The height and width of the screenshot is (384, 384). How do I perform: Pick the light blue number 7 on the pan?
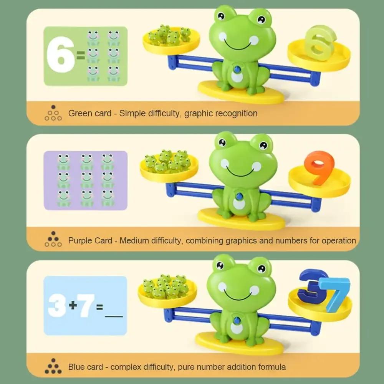pos(336,294)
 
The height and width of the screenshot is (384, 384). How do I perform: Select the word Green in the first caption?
pos(79,113)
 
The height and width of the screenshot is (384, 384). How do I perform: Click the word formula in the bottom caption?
pos(271,367)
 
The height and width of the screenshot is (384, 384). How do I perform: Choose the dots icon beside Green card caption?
pos(53,113)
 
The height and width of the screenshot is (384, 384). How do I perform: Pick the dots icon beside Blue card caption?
pos(53,366)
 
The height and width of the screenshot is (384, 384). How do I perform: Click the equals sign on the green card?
pos(81,57)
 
